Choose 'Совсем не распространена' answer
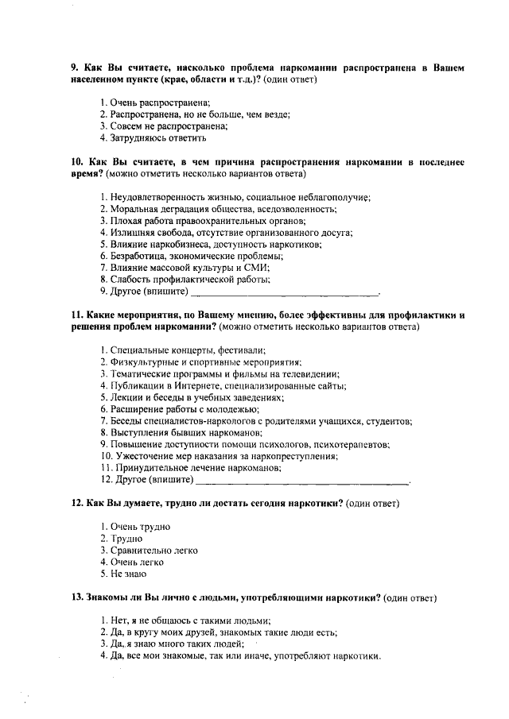pyautogui.click(x=164, y=126)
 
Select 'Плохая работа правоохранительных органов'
pyautogui.click(x=203, y=221)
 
